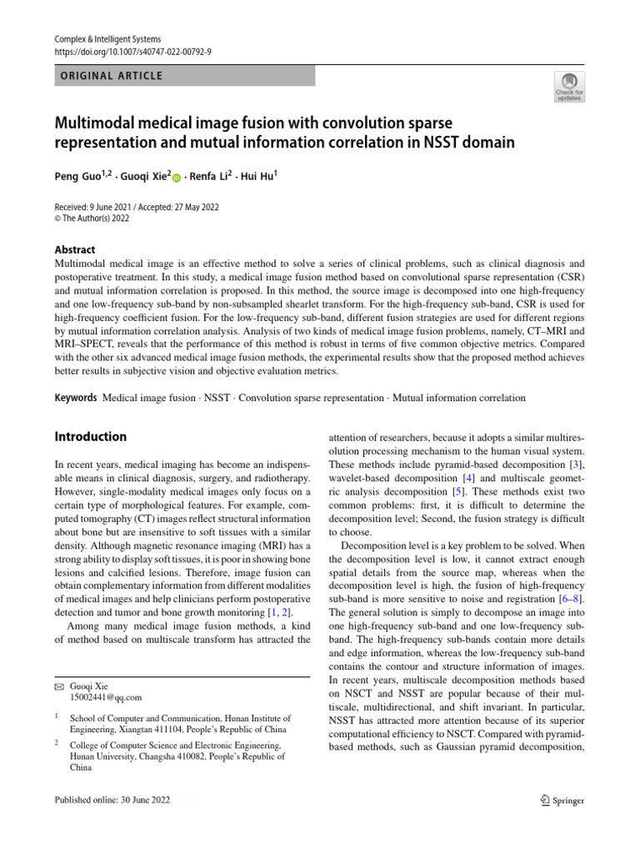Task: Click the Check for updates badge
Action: click(569, 86)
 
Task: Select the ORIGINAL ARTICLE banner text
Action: click(108, 76)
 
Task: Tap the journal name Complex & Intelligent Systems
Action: click(107, 39)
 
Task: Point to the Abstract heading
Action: click(75, 249)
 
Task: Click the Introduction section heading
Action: click(91, 436)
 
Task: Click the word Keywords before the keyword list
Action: click(76, 399)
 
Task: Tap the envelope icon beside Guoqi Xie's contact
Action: click(58, 685)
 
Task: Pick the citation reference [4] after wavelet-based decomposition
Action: click(469, 478)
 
